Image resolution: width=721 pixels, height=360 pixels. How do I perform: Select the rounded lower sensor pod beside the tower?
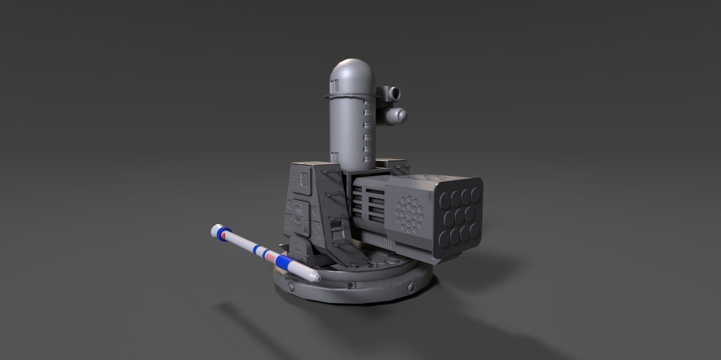[x=398, y=115]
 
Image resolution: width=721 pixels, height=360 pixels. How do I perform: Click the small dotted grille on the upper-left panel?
[x=298, y=179]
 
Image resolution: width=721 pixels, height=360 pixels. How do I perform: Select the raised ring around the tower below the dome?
[x=350, y=96]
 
